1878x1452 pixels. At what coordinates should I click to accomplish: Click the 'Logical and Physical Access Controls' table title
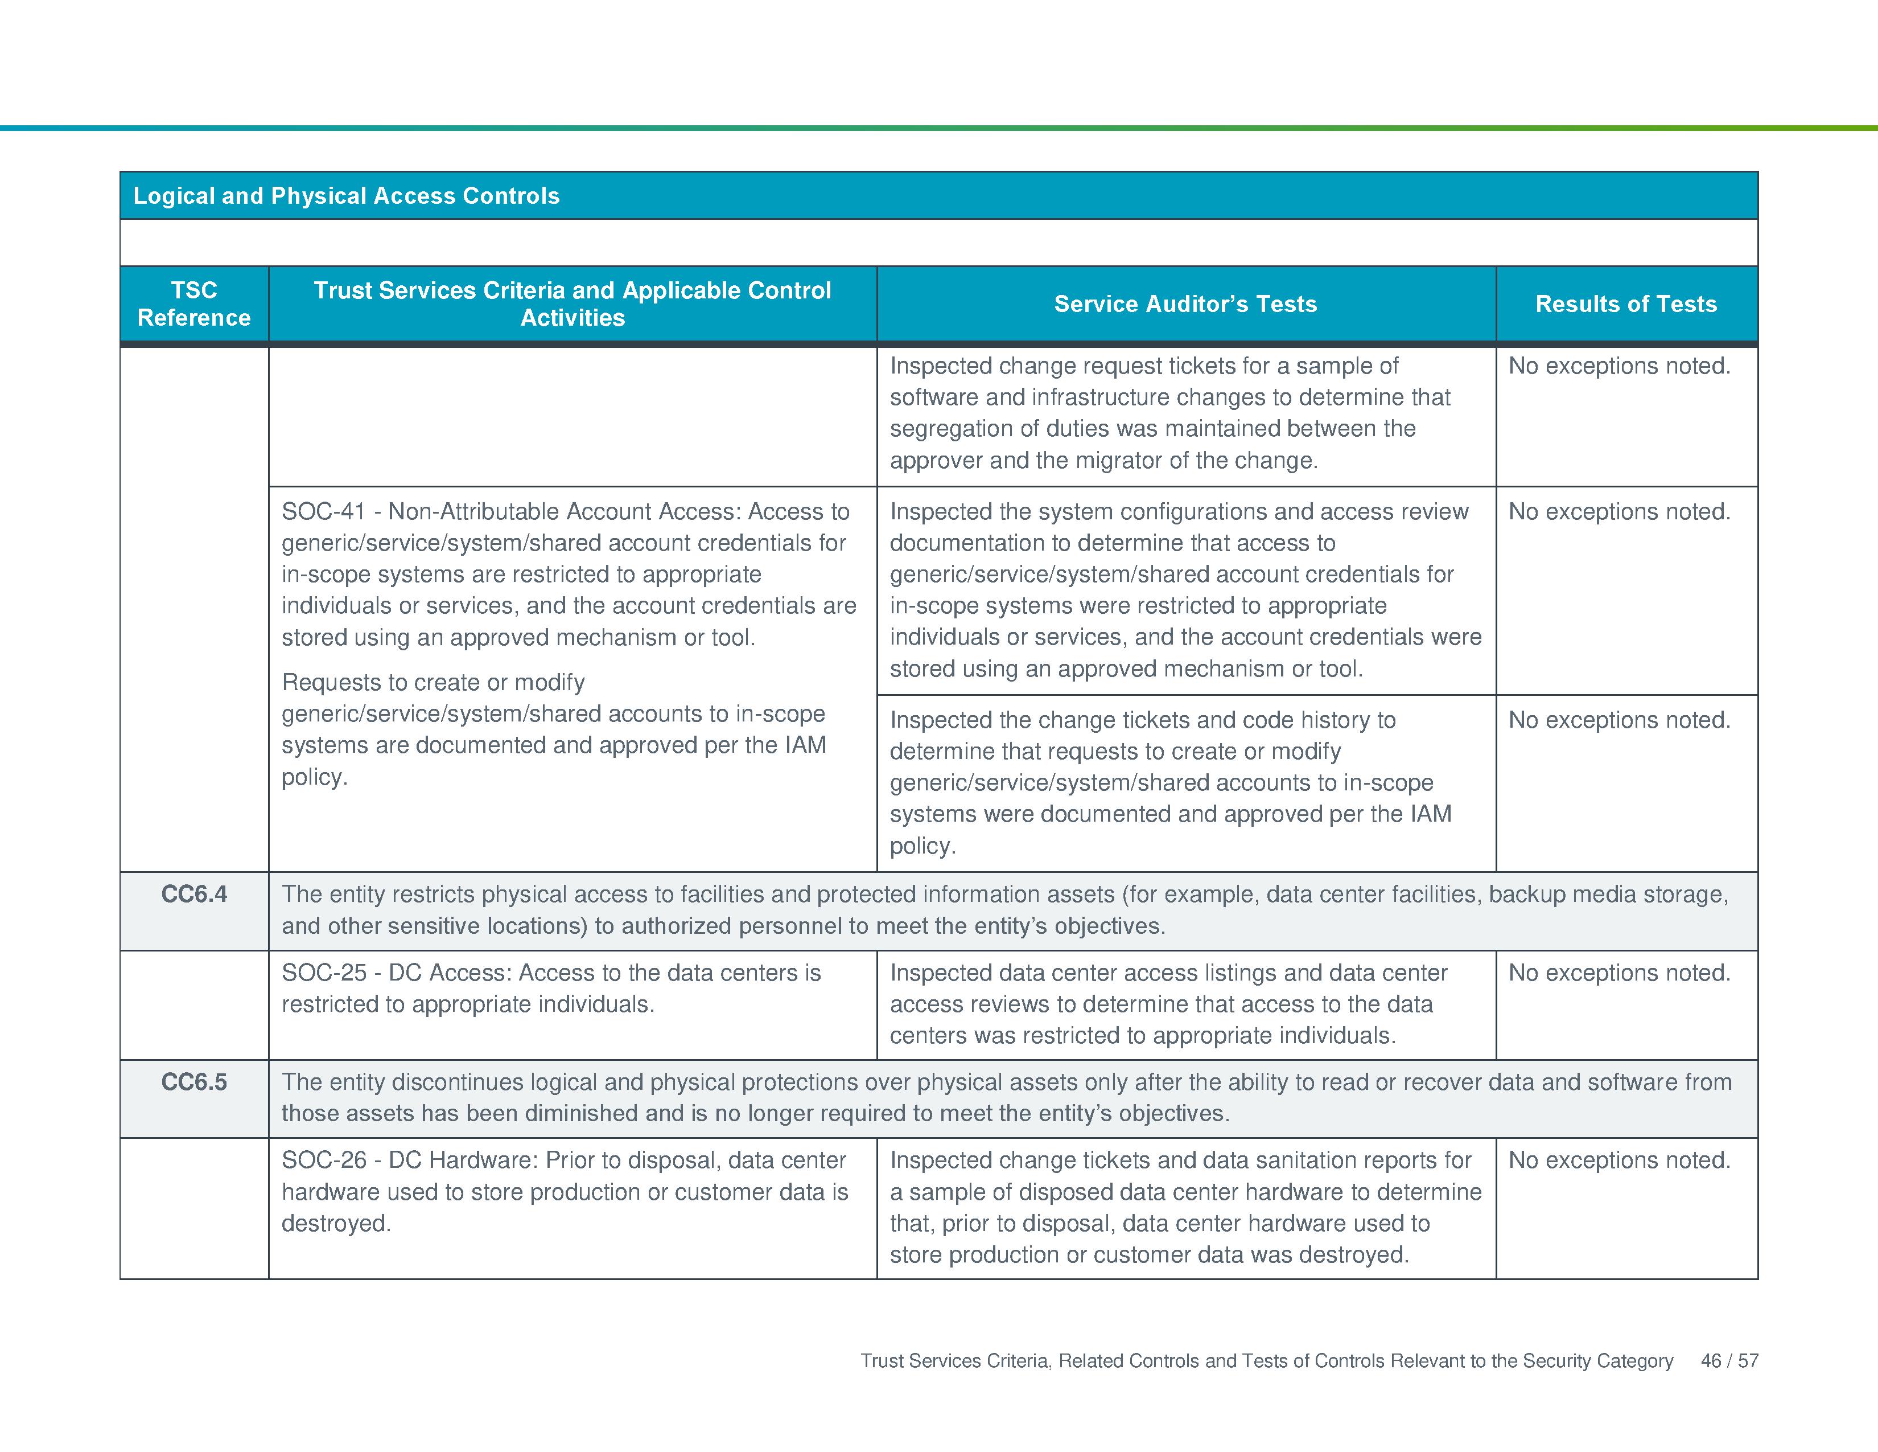coord(347,196)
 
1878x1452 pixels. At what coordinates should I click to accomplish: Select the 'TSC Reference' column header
coord(194,303)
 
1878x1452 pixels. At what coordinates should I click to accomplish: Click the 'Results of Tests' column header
coord(1625,303)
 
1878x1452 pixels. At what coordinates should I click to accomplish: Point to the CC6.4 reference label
coord(194,895)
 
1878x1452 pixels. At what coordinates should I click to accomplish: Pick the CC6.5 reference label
coord(194,1082)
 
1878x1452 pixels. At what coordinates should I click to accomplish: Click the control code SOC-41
coord(324,512)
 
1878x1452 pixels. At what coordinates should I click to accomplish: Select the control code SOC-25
coord(324,973)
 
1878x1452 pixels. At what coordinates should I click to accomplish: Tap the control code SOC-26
coord(324,1160)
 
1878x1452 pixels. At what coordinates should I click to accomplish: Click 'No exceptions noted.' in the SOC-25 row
coord(1619,973)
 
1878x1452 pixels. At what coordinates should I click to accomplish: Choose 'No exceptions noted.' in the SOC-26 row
coord(1619,1160)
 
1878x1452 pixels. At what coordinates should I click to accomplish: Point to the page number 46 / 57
coord(1729,1361)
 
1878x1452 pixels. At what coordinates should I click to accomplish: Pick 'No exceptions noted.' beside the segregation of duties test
coord(1619,367)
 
